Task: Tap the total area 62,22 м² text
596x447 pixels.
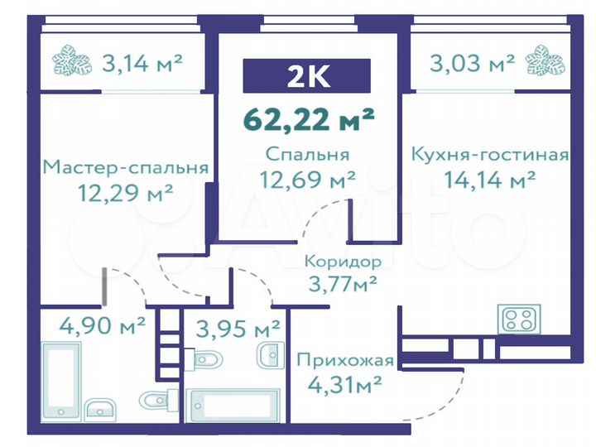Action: point(308,118)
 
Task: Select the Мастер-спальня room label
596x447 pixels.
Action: point(124,167)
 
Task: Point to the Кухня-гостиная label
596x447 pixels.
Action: point(489,155)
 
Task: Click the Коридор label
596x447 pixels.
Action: point(342,261)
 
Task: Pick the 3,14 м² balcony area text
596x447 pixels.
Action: point(142,62)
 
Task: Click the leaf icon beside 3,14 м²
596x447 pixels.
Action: point(73,63)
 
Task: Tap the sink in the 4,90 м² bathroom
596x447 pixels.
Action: point(101,409)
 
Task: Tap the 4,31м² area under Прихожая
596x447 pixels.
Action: point(342,383)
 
